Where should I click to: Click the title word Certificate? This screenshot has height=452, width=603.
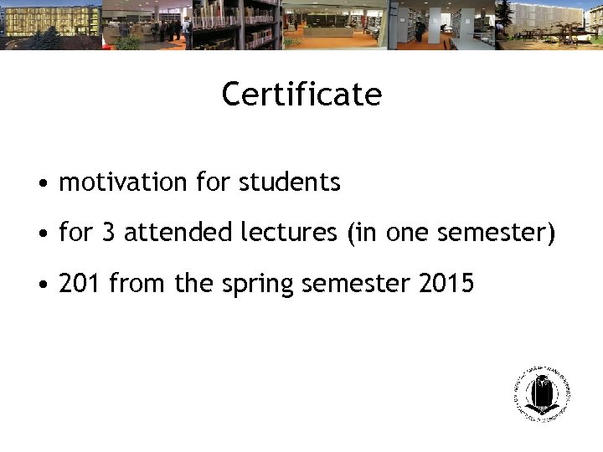tap(301, 95)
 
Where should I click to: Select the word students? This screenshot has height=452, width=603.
tap(290, 182)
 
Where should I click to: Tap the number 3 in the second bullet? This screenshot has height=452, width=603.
tap(108, 233)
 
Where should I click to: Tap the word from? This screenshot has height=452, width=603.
tap(137, 284)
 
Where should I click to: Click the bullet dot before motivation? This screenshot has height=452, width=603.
tap(41, 183)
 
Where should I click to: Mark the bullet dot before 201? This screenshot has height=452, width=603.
tap(41, 285)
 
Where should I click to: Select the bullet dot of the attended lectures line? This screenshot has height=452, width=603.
tap(41, 234)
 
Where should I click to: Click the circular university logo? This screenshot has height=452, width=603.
tap(542, 393)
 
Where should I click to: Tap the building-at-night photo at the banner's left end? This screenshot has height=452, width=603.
tap(50, 25)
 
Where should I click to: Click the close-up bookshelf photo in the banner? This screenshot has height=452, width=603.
tap(236, 25)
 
